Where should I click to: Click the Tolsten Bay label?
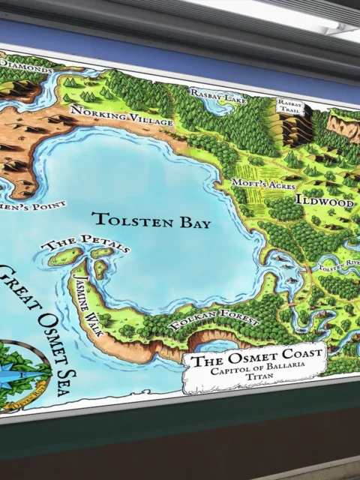pyautogui.click(x=151, y=220)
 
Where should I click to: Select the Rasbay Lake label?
pyautogui.click(x=218, y=94)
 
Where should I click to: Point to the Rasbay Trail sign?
pyautogui.click(x=289, y=105)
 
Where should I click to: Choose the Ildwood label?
pyautogui.click(x=324, y=201)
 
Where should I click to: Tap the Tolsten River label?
pyautogui.click(x=339, y=265)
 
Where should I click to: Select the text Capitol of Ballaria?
pyautogui.click(x=255, y=372)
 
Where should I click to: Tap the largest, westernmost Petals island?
pyautogui.click(x=65, y=256)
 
